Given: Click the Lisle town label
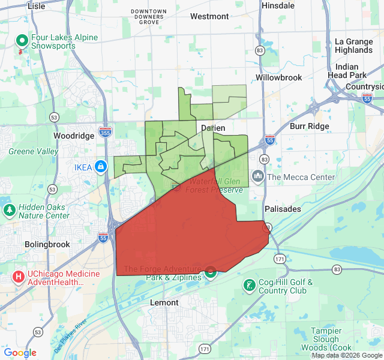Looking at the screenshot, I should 36,5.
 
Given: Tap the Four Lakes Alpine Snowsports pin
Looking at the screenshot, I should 22,41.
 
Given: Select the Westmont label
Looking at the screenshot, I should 209,16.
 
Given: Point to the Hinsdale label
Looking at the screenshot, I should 278,5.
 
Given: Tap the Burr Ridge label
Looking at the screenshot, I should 310,127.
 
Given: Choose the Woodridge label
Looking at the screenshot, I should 74,136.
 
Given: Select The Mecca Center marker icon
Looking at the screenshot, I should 258,176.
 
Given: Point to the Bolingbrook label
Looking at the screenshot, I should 47,244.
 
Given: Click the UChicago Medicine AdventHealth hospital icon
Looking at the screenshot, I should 19,277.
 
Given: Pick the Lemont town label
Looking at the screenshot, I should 164,302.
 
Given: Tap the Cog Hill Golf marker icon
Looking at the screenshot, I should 249,283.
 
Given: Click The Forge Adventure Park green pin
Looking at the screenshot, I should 211,272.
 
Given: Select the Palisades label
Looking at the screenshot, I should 283,208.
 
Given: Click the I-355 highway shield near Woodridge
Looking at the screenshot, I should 105,132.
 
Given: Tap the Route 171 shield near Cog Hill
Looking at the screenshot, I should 280,259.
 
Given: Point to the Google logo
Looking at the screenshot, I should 20,353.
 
